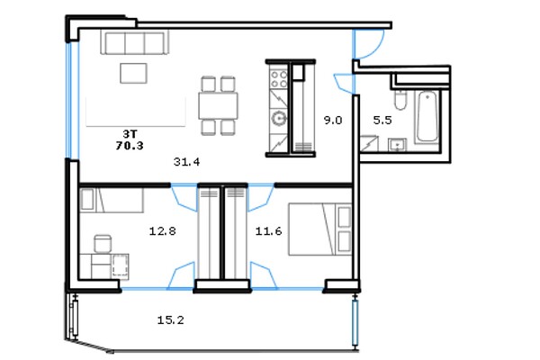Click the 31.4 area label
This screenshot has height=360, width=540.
186,162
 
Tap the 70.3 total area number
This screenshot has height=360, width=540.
130,146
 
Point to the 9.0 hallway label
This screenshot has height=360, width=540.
333,121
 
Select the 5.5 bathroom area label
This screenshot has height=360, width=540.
382,121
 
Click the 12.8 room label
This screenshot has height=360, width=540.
162,230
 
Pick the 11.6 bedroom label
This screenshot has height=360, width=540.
268,230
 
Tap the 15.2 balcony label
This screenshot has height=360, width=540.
170,320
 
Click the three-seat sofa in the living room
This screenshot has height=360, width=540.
135,42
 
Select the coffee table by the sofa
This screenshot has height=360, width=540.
133,73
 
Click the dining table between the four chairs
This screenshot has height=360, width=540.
218,106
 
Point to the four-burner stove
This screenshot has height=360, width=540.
279,79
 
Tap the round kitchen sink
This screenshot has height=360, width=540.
279,118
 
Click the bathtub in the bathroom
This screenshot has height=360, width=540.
427,116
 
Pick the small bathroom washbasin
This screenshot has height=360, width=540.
398,145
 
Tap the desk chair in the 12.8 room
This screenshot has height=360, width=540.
103,244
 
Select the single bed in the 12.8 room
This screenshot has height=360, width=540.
112,200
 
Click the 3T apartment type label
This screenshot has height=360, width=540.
130,134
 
